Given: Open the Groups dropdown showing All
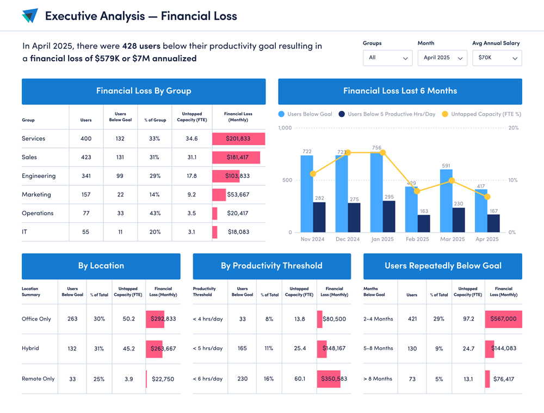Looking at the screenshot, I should coord(387,58).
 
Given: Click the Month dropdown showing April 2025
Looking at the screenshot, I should coord(442,58).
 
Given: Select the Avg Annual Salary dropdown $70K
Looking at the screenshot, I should coord(497,58).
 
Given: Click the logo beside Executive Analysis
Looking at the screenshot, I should coord(30,16).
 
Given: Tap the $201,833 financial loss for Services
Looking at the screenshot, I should coord(238,139).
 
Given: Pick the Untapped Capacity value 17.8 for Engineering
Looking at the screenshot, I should coord(191,176).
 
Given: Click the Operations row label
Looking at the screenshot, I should coord(38,213).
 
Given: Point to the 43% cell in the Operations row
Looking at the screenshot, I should coord(154,213).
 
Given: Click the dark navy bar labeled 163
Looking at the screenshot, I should coord(424,223).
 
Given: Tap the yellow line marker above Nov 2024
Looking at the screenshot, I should coord(313,174).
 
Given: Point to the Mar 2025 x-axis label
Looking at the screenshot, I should coord(452,239).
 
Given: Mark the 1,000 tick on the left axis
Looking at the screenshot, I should coord(285,128).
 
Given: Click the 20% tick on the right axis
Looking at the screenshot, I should coord(513,128).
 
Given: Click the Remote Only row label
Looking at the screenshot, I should coord(38,379).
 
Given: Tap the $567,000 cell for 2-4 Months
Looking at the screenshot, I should coord(503,319).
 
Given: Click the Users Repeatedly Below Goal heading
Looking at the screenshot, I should coord(443,266).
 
